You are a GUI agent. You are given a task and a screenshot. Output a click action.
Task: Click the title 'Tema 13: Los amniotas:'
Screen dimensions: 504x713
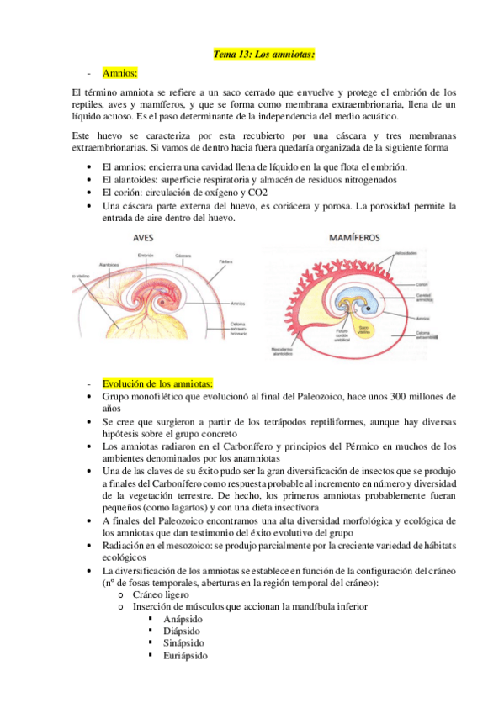263,55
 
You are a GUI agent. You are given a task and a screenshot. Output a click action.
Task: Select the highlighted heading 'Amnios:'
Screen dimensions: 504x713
120,73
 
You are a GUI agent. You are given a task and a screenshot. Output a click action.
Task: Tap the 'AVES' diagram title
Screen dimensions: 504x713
144,237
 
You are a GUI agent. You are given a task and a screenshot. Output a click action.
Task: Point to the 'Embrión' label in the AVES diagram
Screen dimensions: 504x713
144,255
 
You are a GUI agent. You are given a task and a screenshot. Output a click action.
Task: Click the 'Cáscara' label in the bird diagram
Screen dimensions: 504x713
183,255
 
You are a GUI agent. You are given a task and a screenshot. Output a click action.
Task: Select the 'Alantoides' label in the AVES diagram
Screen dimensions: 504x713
109,263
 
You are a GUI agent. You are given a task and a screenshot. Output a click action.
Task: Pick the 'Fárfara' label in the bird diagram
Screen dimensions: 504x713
225,262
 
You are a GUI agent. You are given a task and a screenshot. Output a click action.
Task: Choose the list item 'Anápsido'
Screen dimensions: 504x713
183,618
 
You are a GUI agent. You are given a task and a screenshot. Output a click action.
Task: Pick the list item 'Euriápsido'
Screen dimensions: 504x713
185,655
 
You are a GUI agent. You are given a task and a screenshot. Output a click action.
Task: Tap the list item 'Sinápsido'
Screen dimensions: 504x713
183,642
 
